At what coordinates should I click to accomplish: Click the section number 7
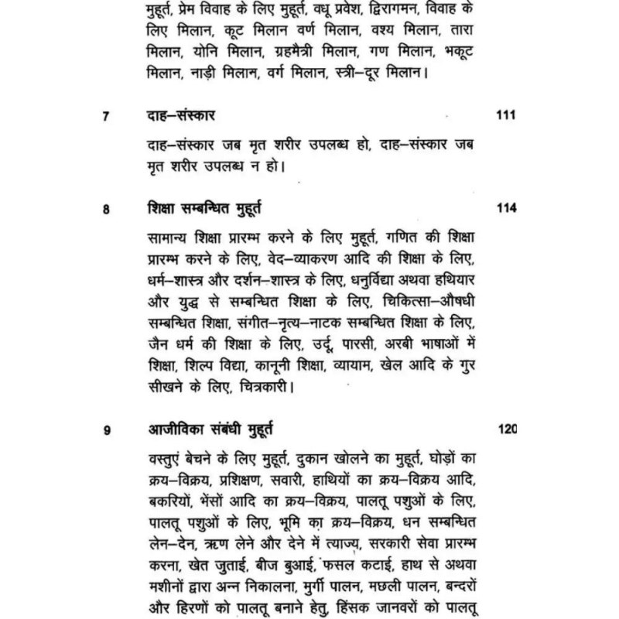click(x=106, y=117)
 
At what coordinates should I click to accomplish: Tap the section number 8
click(x=106, y=209)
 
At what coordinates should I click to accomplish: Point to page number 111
click(x=505, y=115)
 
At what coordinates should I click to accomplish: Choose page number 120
click(x=505, y=429)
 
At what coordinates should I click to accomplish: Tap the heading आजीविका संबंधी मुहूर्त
click(x=209, y=429)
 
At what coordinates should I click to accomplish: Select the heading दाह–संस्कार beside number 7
click(x=180, y=116)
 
